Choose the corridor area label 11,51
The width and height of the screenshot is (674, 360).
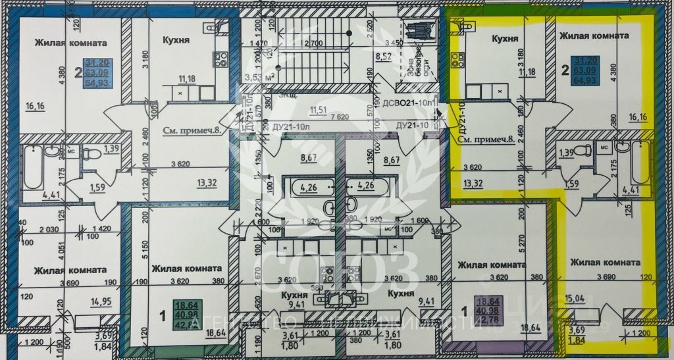tap(319, 109)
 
